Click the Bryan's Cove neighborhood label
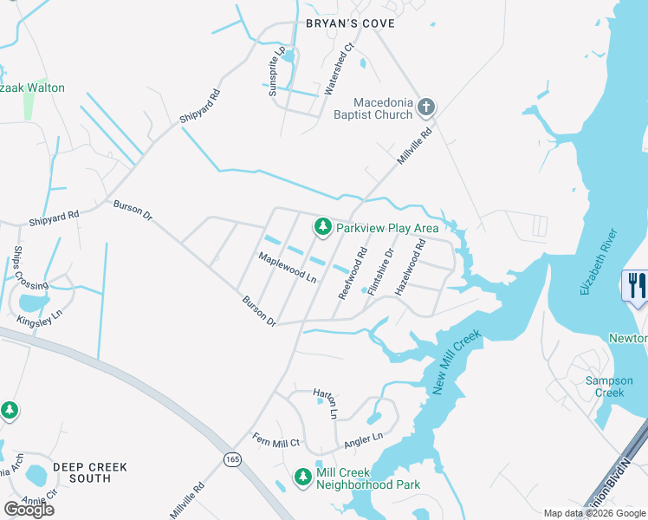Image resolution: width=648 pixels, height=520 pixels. [x=350, y=23]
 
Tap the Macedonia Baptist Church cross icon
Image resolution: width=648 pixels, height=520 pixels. [x=424, y=107]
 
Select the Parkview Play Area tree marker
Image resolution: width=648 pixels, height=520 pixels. [x=323, y=227]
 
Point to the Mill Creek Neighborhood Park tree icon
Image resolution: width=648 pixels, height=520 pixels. [x=302, y=477]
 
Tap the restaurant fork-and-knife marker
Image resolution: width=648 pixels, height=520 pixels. [x=637, y=285]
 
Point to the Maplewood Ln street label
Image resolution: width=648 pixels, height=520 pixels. [x=288, y=267]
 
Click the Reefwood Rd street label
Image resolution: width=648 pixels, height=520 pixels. [x=353, y=274]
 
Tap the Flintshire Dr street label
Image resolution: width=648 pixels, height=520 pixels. [x=381, y=272]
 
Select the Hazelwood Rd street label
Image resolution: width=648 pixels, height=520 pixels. [x=411, y=268]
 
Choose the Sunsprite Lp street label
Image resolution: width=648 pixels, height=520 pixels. [x=275, y=72]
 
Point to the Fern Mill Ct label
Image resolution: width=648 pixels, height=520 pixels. [x=275, y=441]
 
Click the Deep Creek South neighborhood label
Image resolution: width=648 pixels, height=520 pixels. [x=90, y=472]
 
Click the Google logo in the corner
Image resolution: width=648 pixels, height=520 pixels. [x=29, y=510]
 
